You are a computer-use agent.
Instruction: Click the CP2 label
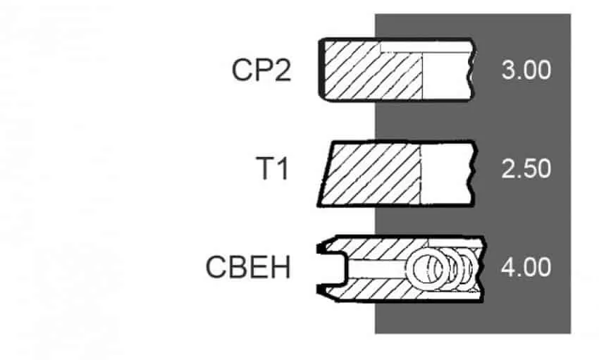click(261, 70)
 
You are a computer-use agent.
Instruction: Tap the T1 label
click(273, 168)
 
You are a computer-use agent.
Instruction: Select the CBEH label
click(248, 267)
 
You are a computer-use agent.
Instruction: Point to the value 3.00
click(526, 70)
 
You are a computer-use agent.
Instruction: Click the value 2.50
click(526, 168)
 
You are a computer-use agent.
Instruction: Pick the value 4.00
click(526, 267)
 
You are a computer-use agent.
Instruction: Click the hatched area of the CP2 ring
click(373, 70)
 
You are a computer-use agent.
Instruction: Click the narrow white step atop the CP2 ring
click(426, 46)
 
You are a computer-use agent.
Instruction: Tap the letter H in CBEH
click(280, 267)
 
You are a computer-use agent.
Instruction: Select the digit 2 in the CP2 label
click(282, 70)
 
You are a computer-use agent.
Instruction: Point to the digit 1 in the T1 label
click(283, 168)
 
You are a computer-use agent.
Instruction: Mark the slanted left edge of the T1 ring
click(325, 174)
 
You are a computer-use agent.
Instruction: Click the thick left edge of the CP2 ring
click(321, 70)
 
